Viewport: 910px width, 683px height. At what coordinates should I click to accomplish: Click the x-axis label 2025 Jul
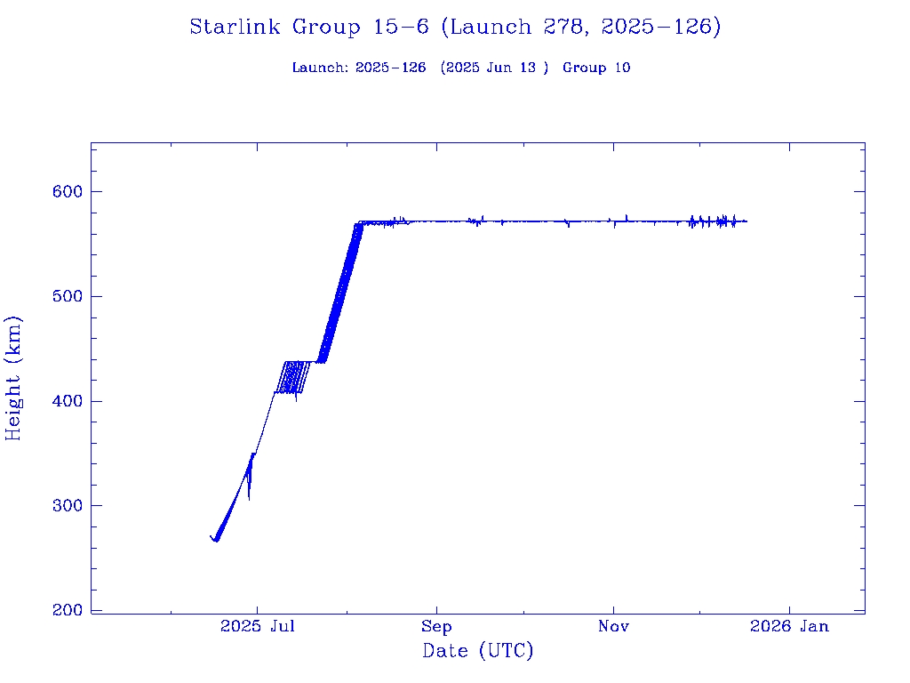point(258,627)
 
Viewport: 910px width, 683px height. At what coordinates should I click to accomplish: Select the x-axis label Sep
point(437,627)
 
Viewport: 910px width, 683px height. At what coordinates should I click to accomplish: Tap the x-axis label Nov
point(613,627)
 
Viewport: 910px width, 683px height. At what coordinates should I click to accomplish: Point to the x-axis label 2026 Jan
point(789,627)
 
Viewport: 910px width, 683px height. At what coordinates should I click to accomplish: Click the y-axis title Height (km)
point(14,378)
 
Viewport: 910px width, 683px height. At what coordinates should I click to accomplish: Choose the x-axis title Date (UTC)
point(478,652)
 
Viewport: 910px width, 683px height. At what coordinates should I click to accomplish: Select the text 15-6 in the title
point(400,28)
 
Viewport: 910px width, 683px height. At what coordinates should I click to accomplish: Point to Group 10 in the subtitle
point(596,68)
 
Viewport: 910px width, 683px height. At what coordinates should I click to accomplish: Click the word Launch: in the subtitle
point(320,68)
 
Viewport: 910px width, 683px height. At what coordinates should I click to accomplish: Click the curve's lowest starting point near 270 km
point(214,540)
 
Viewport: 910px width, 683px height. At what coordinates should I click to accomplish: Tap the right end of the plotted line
point(746,221)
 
